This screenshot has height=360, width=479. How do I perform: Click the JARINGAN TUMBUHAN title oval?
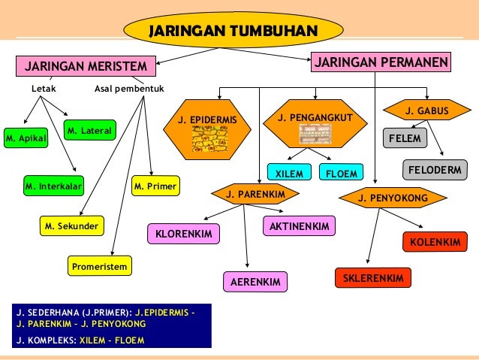(233, 31)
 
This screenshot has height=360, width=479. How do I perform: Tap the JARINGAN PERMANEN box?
(380, 62)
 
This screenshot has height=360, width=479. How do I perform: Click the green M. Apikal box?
(26, 139)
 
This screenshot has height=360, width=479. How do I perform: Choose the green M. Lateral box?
(90, 132)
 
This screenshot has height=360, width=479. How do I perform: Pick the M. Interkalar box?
(53, 185)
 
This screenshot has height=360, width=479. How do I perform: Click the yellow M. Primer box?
(155, 185)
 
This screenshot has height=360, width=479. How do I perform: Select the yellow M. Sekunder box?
(72, 225)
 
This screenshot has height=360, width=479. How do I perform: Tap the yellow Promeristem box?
(100, 265)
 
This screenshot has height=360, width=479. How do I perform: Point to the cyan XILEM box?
(289, 174)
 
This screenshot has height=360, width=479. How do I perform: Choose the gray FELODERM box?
(435, 171)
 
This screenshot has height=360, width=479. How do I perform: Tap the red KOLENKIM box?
(435, 242)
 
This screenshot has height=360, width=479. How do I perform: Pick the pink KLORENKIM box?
(184, 234)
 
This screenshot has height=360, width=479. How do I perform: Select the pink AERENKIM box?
(255, 283)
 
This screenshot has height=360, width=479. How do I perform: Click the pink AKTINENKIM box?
(299, 225)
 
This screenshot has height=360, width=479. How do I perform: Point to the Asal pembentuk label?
(129, 89)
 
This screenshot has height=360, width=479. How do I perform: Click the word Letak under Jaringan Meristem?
(43, 89)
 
